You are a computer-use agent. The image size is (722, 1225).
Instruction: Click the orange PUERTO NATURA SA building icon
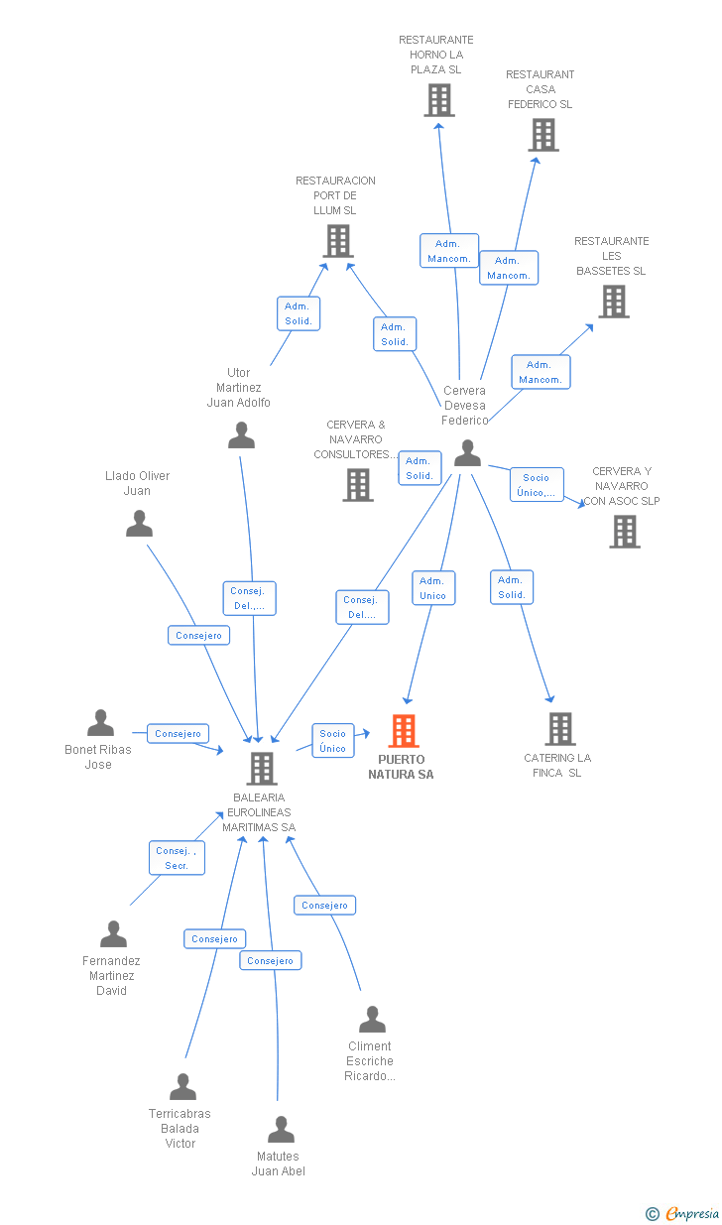point(404,731)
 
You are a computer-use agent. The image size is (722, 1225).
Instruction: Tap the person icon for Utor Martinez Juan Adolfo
point(241,435)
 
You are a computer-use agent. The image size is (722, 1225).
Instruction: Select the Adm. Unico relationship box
point(433,588)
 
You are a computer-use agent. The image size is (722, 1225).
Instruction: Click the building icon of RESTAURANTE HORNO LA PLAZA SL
point(439,100)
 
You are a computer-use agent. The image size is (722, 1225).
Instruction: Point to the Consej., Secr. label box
point(177,857)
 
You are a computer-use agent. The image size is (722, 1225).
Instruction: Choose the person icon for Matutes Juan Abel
point(281,1130)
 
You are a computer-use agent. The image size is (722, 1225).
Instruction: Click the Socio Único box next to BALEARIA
point(333,741)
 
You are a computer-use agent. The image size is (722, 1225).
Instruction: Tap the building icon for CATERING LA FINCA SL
point(560,729)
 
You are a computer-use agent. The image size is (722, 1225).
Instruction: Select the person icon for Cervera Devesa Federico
point(468,453)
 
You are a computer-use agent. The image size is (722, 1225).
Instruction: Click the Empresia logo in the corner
point(682,1213)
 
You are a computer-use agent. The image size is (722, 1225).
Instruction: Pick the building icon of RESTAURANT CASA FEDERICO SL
point(543,135)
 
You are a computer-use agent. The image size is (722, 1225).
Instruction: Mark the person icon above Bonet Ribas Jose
point(100,722)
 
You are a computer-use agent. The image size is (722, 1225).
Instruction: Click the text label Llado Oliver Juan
point(137,483)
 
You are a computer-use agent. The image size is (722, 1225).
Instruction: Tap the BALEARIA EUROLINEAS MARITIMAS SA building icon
point(262,769)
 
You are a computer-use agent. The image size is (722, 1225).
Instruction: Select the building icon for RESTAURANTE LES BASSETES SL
point(614,302)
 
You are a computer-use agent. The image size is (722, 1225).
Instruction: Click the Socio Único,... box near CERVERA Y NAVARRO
point(537,484)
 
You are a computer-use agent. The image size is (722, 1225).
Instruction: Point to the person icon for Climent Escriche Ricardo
point(373,1019)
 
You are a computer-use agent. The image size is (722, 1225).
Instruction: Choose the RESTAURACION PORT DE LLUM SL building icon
point(338,241)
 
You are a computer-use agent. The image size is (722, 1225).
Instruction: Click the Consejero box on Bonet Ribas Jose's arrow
point(178,733)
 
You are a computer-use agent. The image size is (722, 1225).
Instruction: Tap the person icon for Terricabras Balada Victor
point(182,1087)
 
